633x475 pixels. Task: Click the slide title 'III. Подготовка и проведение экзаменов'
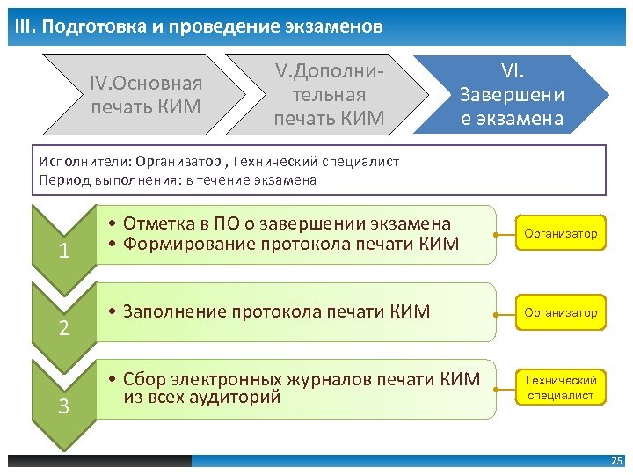pos(199,27)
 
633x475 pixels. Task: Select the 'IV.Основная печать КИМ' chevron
pos(146,95)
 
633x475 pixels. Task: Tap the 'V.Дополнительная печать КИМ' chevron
pos(329,93)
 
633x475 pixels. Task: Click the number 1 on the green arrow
pos(63,252)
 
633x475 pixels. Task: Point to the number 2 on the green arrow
pos(63,329)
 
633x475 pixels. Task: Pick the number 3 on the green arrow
pos(63,406)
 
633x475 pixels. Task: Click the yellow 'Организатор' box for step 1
pos(560,234)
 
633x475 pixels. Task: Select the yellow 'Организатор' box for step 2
pos(560,312)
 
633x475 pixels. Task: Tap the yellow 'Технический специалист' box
pos(560,388)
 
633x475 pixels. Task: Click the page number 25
pos(616,461)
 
